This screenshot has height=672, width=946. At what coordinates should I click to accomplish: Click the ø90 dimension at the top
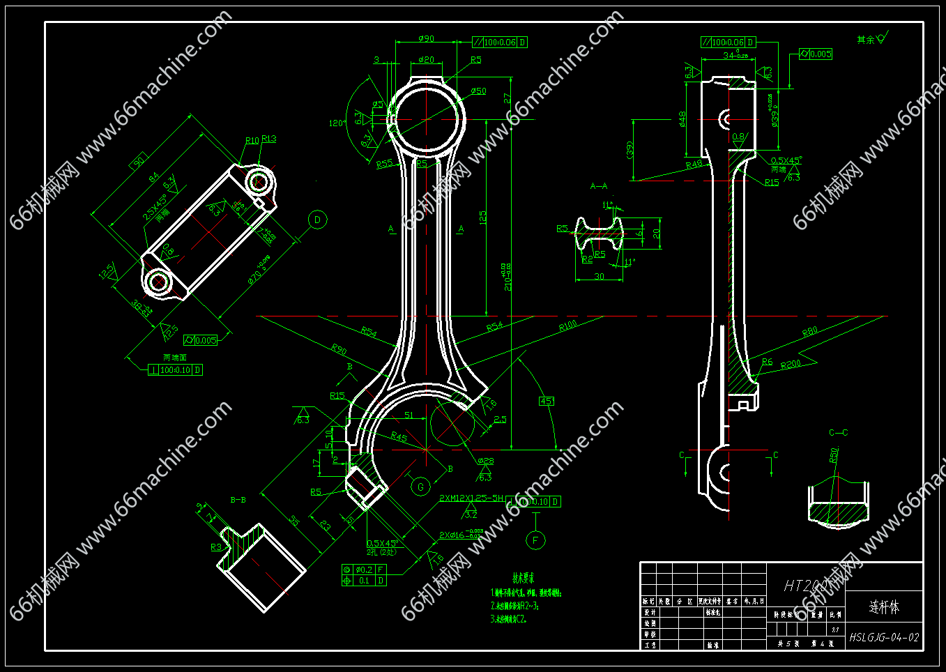coord(426,39)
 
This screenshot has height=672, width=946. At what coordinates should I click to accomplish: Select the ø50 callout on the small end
coord(478,91)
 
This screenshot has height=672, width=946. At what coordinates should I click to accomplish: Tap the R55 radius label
coord(384,164)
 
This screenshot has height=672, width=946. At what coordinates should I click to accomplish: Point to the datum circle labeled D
coord(317,220)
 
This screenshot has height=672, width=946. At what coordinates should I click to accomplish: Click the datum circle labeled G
coord(420,487)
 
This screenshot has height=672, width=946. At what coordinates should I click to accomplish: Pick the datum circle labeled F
coord(535,540)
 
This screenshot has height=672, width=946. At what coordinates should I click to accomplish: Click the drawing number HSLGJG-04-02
coord(884,637)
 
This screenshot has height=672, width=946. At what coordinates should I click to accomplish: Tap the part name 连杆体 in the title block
coord(884,607)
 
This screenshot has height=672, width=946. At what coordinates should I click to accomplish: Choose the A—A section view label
coord(599,186)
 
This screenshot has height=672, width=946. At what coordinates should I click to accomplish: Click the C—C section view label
coord(838,433)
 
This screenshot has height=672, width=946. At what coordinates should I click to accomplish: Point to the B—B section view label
coord(238,500)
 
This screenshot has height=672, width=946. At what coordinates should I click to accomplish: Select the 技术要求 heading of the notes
coord(524,578)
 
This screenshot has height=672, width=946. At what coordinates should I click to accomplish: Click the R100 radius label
coord(568,326)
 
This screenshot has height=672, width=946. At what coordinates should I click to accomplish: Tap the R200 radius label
coord(791,365)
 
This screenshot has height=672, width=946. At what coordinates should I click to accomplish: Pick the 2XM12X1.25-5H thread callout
coord(471,498)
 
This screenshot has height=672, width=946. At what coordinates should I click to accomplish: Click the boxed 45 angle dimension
coord(547,401)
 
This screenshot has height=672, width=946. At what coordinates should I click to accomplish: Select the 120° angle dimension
coord(337,123)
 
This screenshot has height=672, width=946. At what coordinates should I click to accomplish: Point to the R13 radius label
coord(269,139)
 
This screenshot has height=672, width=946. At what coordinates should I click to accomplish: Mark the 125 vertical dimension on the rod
coord(482,217)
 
